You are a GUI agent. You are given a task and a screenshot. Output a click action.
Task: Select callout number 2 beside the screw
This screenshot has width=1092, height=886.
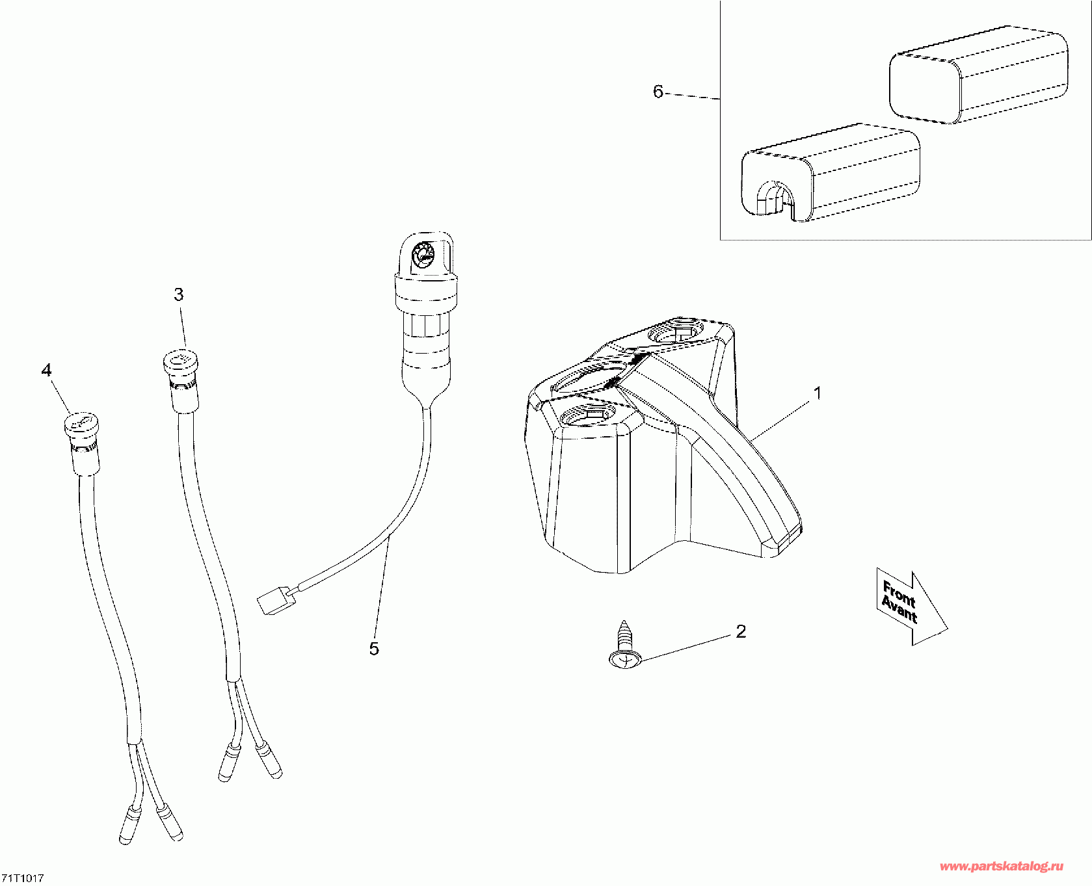tap(740, 631)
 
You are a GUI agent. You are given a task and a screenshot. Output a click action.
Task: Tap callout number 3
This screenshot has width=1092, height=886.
tap(179, 294)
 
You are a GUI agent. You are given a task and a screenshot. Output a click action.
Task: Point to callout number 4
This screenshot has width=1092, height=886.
tap(46, 370)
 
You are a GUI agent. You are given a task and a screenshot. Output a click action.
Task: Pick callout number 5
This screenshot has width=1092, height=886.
tap(374, 648)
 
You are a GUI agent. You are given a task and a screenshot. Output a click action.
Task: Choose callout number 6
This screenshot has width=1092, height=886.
tap(658, 92)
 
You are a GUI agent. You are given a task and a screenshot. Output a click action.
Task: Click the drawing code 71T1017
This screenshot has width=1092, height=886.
tap(22, 878)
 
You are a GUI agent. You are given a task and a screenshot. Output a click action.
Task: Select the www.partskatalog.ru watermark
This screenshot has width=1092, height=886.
tap(1002, 866)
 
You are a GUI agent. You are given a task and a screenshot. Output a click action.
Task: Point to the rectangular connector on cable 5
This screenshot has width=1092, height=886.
tap(273, 599)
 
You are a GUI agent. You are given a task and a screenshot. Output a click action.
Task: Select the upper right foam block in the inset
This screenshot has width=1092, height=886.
tap(978, 74)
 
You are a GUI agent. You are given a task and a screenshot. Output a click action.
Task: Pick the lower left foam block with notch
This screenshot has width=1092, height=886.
tap(831, 172)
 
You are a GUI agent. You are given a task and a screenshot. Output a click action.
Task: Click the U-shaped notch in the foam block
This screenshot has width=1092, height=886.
tap(775, 198)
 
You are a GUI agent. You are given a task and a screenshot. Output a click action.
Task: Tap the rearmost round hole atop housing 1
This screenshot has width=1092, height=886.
tap(676, 333)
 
